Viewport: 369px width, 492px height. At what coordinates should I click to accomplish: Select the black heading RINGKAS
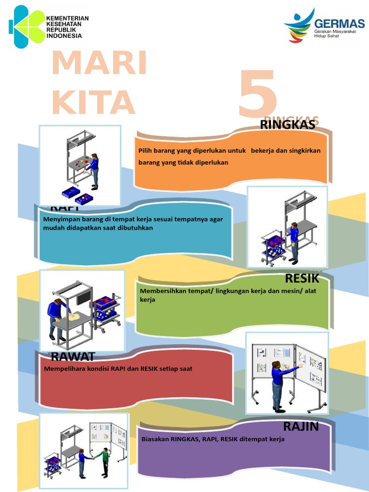(x=287, y=125)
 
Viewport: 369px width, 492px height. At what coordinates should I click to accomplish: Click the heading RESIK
(x=302, y=278)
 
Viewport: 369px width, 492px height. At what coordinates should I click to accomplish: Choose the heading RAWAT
(x=73, y=356)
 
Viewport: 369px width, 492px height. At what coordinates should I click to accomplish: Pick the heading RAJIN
(x=301, y=426)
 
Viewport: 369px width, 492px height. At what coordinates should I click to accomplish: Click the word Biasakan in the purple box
(x=155, y=439)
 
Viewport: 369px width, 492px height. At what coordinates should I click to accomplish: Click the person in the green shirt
(x=104, y=460)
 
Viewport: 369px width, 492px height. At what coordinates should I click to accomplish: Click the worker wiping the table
(x=55, y=317)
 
